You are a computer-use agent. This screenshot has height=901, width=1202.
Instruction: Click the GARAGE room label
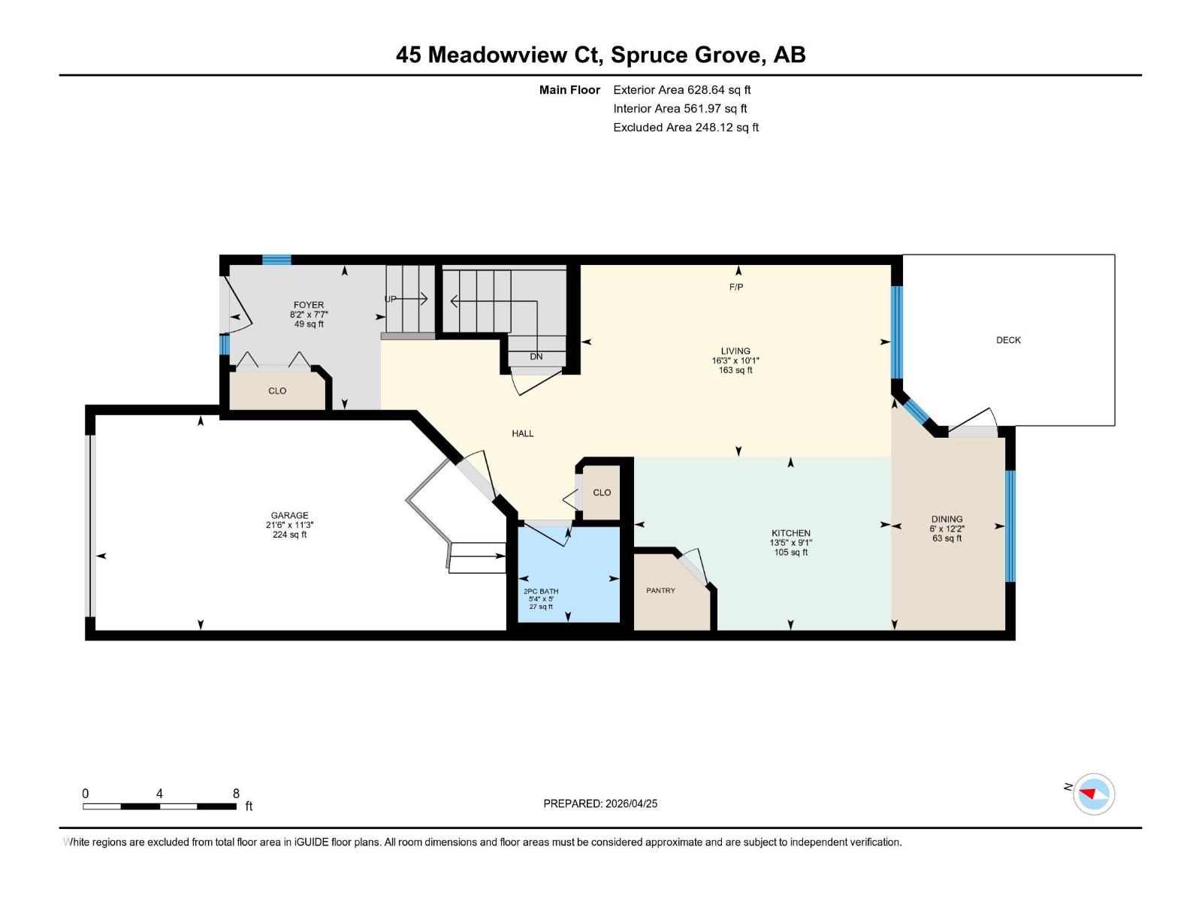[289, 516]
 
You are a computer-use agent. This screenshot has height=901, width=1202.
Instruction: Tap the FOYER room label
[309, 305]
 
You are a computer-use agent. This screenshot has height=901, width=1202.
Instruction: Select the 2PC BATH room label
[541, 591]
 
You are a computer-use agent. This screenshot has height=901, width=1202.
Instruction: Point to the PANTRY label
[660, 590]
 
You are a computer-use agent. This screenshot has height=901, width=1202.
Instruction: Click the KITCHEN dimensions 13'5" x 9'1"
[790, 543]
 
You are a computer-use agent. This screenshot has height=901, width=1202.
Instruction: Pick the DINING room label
[947, 519]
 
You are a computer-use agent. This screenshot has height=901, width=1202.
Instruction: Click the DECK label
[1008, 340]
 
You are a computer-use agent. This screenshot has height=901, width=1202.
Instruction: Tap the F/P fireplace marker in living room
[736, 287]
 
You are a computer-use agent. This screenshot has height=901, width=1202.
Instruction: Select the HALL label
[523, 433]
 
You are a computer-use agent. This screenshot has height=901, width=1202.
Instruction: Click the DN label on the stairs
[536, 357]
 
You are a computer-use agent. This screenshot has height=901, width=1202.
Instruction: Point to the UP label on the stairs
[391, 299]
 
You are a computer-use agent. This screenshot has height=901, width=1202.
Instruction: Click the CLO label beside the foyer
[277, 391]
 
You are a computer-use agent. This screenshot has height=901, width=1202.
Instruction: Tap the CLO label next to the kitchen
[602, 493]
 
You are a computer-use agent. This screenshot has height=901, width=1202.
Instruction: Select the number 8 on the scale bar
[236, 794]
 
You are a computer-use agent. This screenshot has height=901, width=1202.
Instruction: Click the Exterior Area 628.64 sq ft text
[681, 89]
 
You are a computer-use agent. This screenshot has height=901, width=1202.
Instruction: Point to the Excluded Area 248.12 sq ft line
[685, 127]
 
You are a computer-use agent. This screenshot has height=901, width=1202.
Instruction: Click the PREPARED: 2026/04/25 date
[600, 803]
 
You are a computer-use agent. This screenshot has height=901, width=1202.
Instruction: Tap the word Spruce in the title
[647, 55]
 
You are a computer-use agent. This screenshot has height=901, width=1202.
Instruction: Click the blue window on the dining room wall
[1010, 526]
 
